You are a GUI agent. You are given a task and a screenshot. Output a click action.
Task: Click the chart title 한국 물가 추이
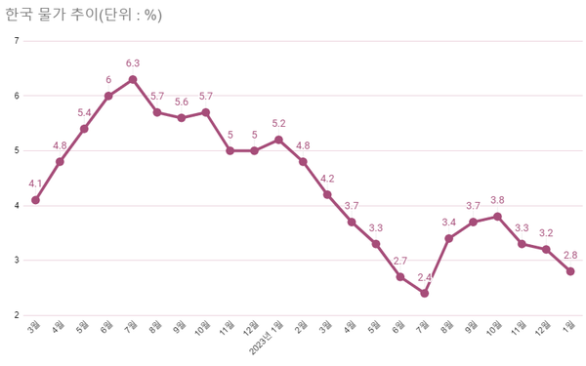pos(68,15)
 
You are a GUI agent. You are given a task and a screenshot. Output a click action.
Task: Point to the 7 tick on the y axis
pos(17,41)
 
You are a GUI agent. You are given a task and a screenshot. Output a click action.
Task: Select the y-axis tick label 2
pos(17,315)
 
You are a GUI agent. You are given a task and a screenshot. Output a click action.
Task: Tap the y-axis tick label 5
pos(17,150)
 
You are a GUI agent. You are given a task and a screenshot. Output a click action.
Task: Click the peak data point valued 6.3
pos(133,79)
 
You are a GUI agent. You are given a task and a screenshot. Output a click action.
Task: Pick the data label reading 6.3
pos(133,63)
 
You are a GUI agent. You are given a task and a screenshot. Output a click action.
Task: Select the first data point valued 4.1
pos(35,200)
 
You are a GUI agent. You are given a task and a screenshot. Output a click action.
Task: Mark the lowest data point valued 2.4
pos(425,293)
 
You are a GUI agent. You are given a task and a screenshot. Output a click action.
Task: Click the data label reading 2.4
pos(425,278)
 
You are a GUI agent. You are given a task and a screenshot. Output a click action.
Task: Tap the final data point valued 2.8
pos(570,271)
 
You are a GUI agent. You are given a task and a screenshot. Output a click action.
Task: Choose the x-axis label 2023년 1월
pos(266,335)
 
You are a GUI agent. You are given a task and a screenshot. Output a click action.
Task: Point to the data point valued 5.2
pos(278,140)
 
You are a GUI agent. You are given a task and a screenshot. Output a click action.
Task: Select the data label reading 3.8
pos(497,200)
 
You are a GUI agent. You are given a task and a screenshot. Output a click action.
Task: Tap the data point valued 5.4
pos(84,129)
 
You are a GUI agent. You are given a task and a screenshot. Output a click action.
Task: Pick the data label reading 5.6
pos(181,102)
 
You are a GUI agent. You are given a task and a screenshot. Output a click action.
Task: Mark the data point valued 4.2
pos(327,194)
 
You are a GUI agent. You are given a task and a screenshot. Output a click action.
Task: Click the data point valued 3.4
pos(448,238)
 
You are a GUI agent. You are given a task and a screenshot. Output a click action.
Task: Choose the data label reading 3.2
pos(546,233)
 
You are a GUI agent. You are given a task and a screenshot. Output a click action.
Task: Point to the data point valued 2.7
pos(400,276)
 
